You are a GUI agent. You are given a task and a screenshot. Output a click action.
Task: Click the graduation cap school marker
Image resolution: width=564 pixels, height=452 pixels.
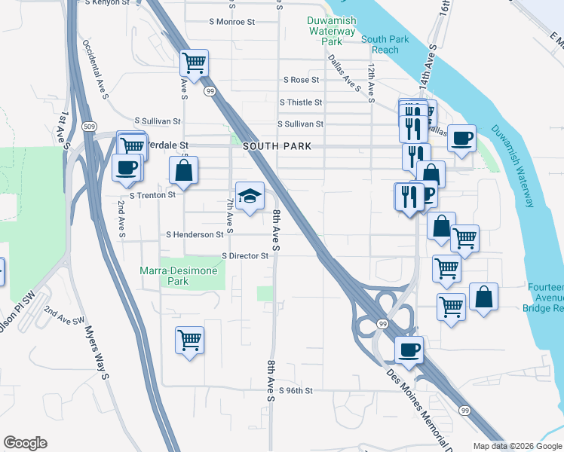tap(250, 197)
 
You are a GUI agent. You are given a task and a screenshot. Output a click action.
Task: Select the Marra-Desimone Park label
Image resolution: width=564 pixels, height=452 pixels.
tap(179, 276)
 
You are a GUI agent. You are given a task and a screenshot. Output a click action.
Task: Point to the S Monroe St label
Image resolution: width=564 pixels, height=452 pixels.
tap(231, 21)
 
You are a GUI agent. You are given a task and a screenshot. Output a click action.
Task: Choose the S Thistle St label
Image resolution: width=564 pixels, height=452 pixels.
tap(300, 102)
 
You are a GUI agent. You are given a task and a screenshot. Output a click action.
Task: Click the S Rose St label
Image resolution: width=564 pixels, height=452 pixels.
tap(301, 80)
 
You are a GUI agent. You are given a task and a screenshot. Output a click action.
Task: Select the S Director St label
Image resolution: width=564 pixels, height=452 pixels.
tap(245, 256)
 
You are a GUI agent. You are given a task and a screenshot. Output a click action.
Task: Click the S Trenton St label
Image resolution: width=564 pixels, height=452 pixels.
tap(152, 194)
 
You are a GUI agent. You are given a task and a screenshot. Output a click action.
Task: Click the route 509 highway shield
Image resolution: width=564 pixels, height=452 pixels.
tap(90, 126)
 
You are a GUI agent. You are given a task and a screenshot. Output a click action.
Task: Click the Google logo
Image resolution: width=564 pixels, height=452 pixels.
tap(26, 443)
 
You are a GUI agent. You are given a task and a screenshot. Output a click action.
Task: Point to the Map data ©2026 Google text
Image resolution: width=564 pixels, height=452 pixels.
tap(516, 446)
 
